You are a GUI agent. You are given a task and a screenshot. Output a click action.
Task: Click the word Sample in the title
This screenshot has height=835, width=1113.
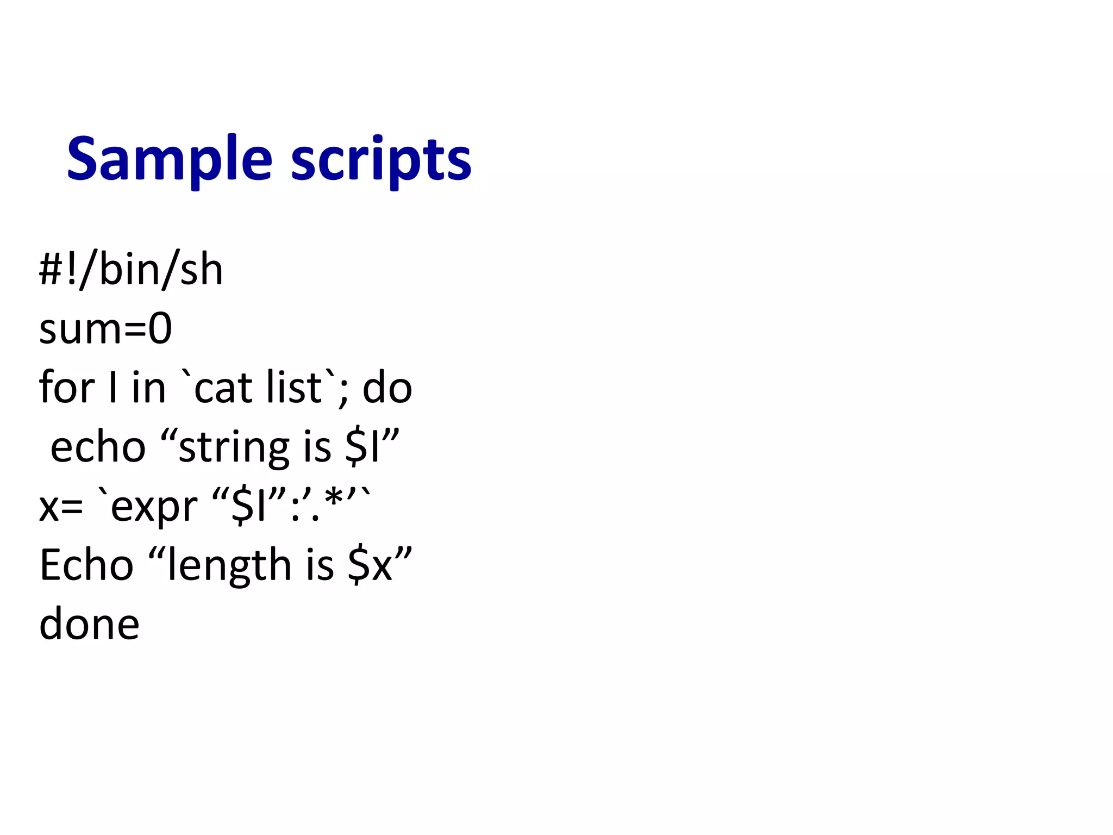169,159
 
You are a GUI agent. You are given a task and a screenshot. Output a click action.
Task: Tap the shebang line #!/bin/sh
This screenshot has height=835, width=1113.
131,270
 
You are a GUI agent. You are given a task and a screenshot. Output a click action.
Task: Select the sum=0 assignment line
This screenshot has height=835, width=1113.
105,329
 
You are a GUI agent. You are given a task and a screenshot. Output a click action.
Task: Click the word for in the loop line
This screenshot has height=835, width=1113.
67,387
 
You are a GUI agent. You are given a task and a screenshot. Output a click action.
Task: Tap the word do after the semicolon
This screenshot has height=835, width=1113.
387,388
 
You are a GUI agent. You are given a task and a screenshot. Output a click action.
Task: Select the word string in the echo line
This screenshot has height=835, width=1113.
233,448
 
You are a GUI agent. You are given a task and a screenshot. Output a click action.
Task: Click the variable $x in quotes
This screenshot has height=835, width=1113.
370,565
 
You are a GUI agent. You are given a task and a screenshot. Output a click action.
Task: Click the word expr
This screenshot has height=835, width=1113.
154,507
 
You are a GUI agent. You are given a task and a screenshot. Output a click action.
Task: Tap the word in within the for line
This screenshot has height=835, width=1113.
148,387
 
